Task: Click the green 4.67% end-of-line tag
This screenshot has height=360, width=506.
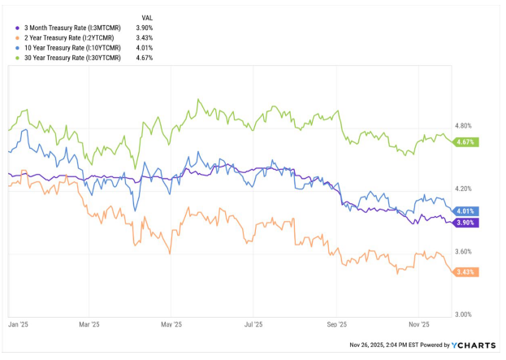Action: pos(466,142)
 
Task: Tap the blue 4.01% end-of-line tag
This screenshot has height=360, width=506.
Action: pos(466,210)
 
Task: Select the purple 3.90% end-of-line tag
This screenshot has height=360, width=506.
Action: pos(466,222)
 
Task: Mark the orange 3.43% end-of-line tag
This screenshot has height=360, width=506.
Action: pos(466,271)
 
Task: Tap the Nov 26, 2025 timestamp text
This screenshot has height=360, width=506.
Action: pos(389,345)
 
